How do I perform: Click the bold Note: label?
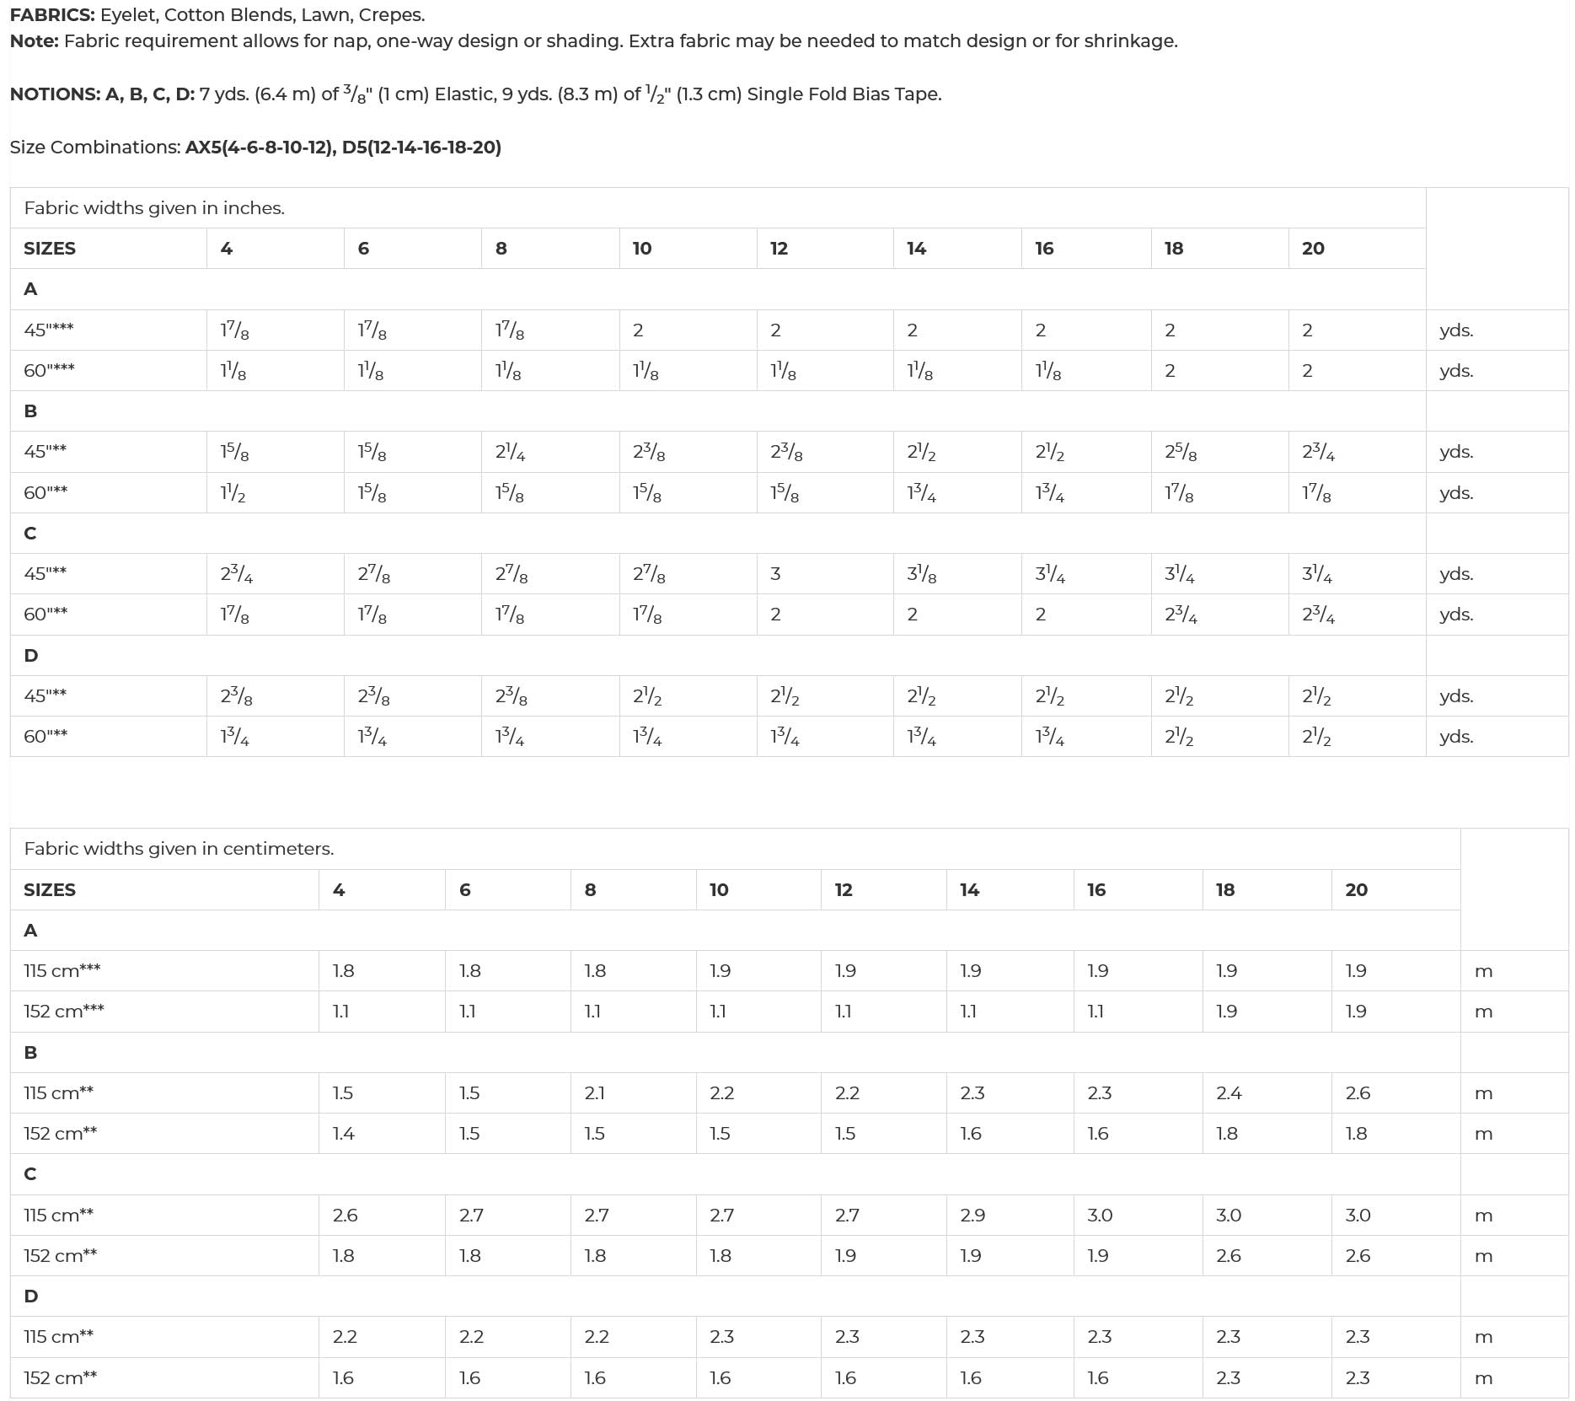click(x=34, y=41)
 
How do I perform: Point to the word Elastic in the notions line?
click(x=463, y=94)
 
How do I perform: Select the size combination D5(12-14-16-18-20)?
click(x=421, y=148)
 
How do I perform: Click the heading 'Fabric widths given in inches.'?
click(x=154, y=208)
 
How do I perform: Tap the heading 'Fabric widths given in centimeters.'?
click(x=179, y=849)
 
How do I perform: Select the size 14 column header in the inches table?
click(x=916, y=249)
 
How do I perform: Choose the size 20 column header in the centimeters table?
click(x=1356, y=890)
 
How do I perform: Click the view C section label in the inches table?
click(x=30, y=534)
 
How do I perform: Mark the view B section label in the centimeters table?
click(x=30, y=1053)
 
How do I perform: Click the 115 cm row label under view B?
click(x=58, y=1093)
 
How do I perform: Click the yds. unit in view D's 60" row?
click(x=1456, y=738)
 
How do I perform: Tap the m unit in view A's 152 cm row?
click(x=1483, y=1012)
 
